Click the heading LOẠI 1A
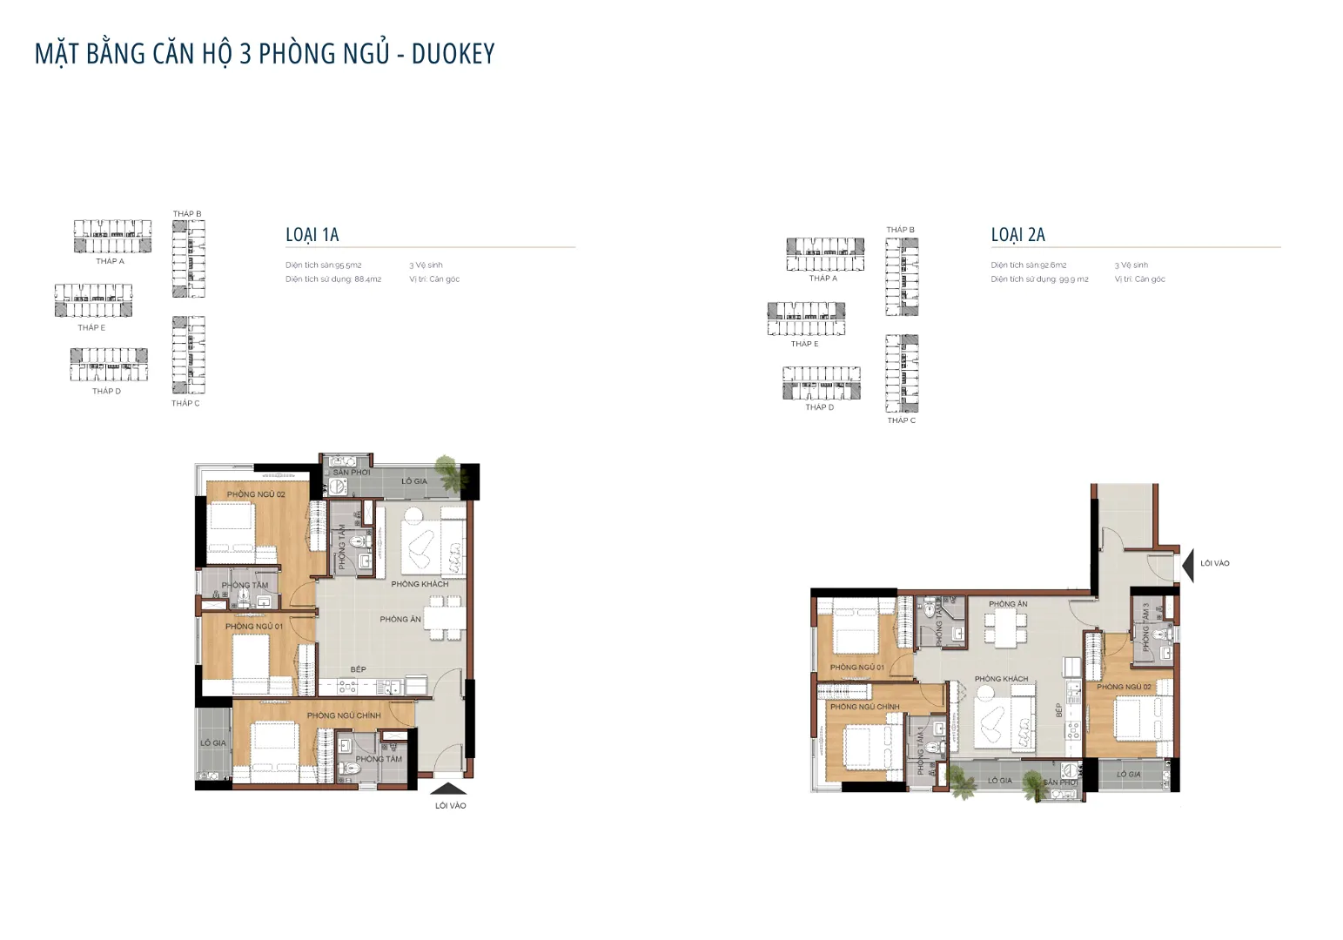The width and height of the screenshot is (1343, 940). pyautogui.click(x=312, y=235)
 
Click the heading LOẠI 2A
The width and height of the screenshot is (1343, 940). pyautogui.click(x=1017, y=235)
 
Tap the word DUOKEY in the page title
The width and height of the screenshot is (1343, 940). pyautogui.click(x=453, y=54)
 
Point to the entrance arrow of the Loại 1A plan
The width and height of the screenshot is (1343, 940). pyautogui.click(x=448, y=788)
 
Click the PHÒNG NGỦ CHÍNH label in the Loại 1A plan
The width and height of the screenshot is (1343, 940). pyautogui.click(x=343, y=715)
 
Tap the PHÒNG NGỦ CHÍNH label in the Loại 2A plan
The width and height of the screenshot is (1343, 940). pyautogui.click(x=864, y=707)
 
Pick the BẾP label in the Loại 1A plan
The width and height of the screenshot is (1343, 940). pyautogui.click(x=358, y=669)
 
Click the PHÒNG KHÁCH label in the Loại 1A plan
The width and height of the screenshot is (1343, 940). pyautogui.click(x=420, y=584)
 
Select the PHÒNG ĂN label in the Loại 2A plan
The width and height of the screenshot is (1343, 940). pyautogui.click(x=1008, y=604)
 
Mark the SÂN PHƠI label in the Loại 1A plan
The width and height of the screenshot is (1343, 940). pyautogui.click(x=352, y=473)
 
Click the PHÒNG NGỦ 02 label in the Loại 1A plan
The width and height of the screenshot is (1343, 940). pyautogui.click(x=256, y=494)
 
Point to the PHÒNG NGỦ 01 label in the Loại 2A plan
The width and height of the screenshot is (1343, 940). pyautogui.click(x=856, y=668)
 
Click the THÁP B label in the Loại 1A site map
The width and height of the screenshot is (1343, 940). pyautogui.click(x=186, y=214)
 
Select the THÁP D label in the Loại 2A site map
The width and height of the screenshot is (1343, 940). pyautogui.click(x=819, y=407)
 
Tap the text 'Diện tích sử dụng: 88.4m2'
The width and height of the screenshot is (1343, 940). pyautogui.click(x=333, y=279)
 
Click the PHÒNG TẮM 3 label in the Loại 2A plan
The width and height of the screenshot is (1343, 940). pyautogui.click(x=1146, y=627)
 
